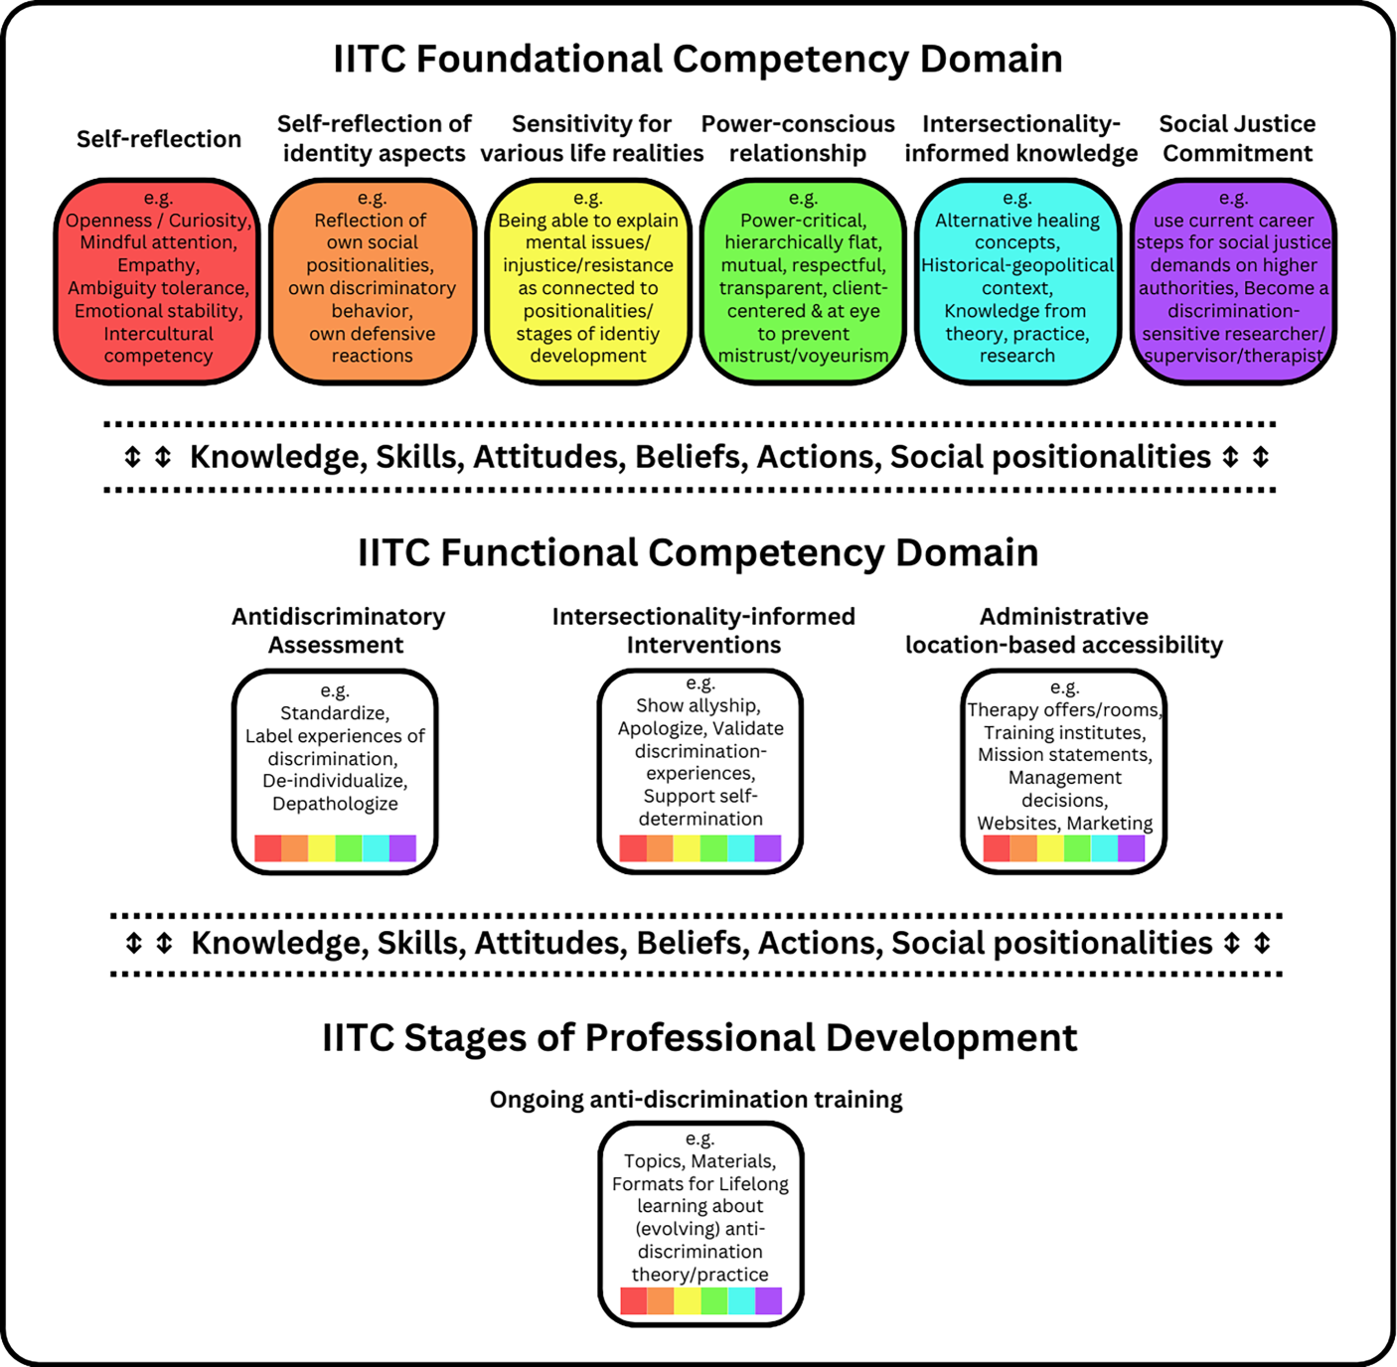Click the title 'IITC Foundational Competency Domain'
tap(698, 60)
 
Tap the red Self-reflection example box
tap(158, 282)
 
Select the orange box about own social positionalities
tap(373, 282)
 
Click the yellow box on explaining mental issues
tap(588, 282)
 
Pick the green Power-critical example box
tap(803, 282)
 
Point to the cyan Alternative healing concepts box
tap(1017, 282)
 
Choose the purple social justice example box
tap(1233, 282)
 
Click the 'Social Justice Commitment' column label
tap(1237, 139)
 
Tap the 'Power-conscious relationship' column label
tap(798, 139)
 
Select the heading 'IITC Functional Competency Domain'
tap(698, 552)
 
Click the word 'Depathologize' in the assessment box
tap(335, 804)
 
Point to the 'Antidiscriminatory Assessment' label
tap(338, 631)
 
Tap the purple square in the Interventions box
tap(768, 848)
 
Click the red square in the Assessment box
tap(268, 848)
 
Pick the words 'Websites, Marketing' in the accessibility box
tap(1065, 823)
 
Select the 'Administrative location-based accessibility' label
tap(1064, 631)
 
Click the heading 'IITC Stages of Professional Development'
tap(699, 1038)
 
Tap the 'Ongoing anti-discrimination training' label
tap(697, 1100)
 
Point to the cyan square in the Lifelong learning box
tap(741, 1300)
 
